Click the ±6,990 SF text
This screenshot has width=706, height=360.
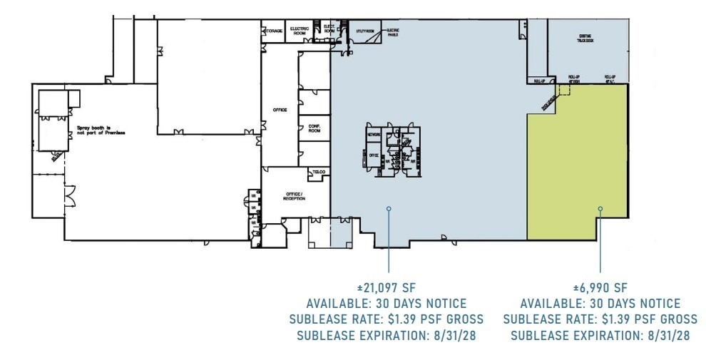click(600, 288)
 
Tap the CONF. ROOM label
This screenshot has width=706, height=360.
click(314, 129)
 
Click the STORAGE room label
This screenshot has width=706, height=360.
click(274, 30)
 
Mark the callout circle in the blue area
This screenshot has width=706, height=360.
click(389, 209)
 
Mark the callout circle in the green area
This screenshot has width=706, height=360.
click(600, 209)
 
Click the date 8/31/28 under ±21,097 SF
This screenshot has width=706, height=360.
click(451, 335)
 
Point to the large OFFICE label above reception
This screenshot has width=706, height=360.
click(280, 110)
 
